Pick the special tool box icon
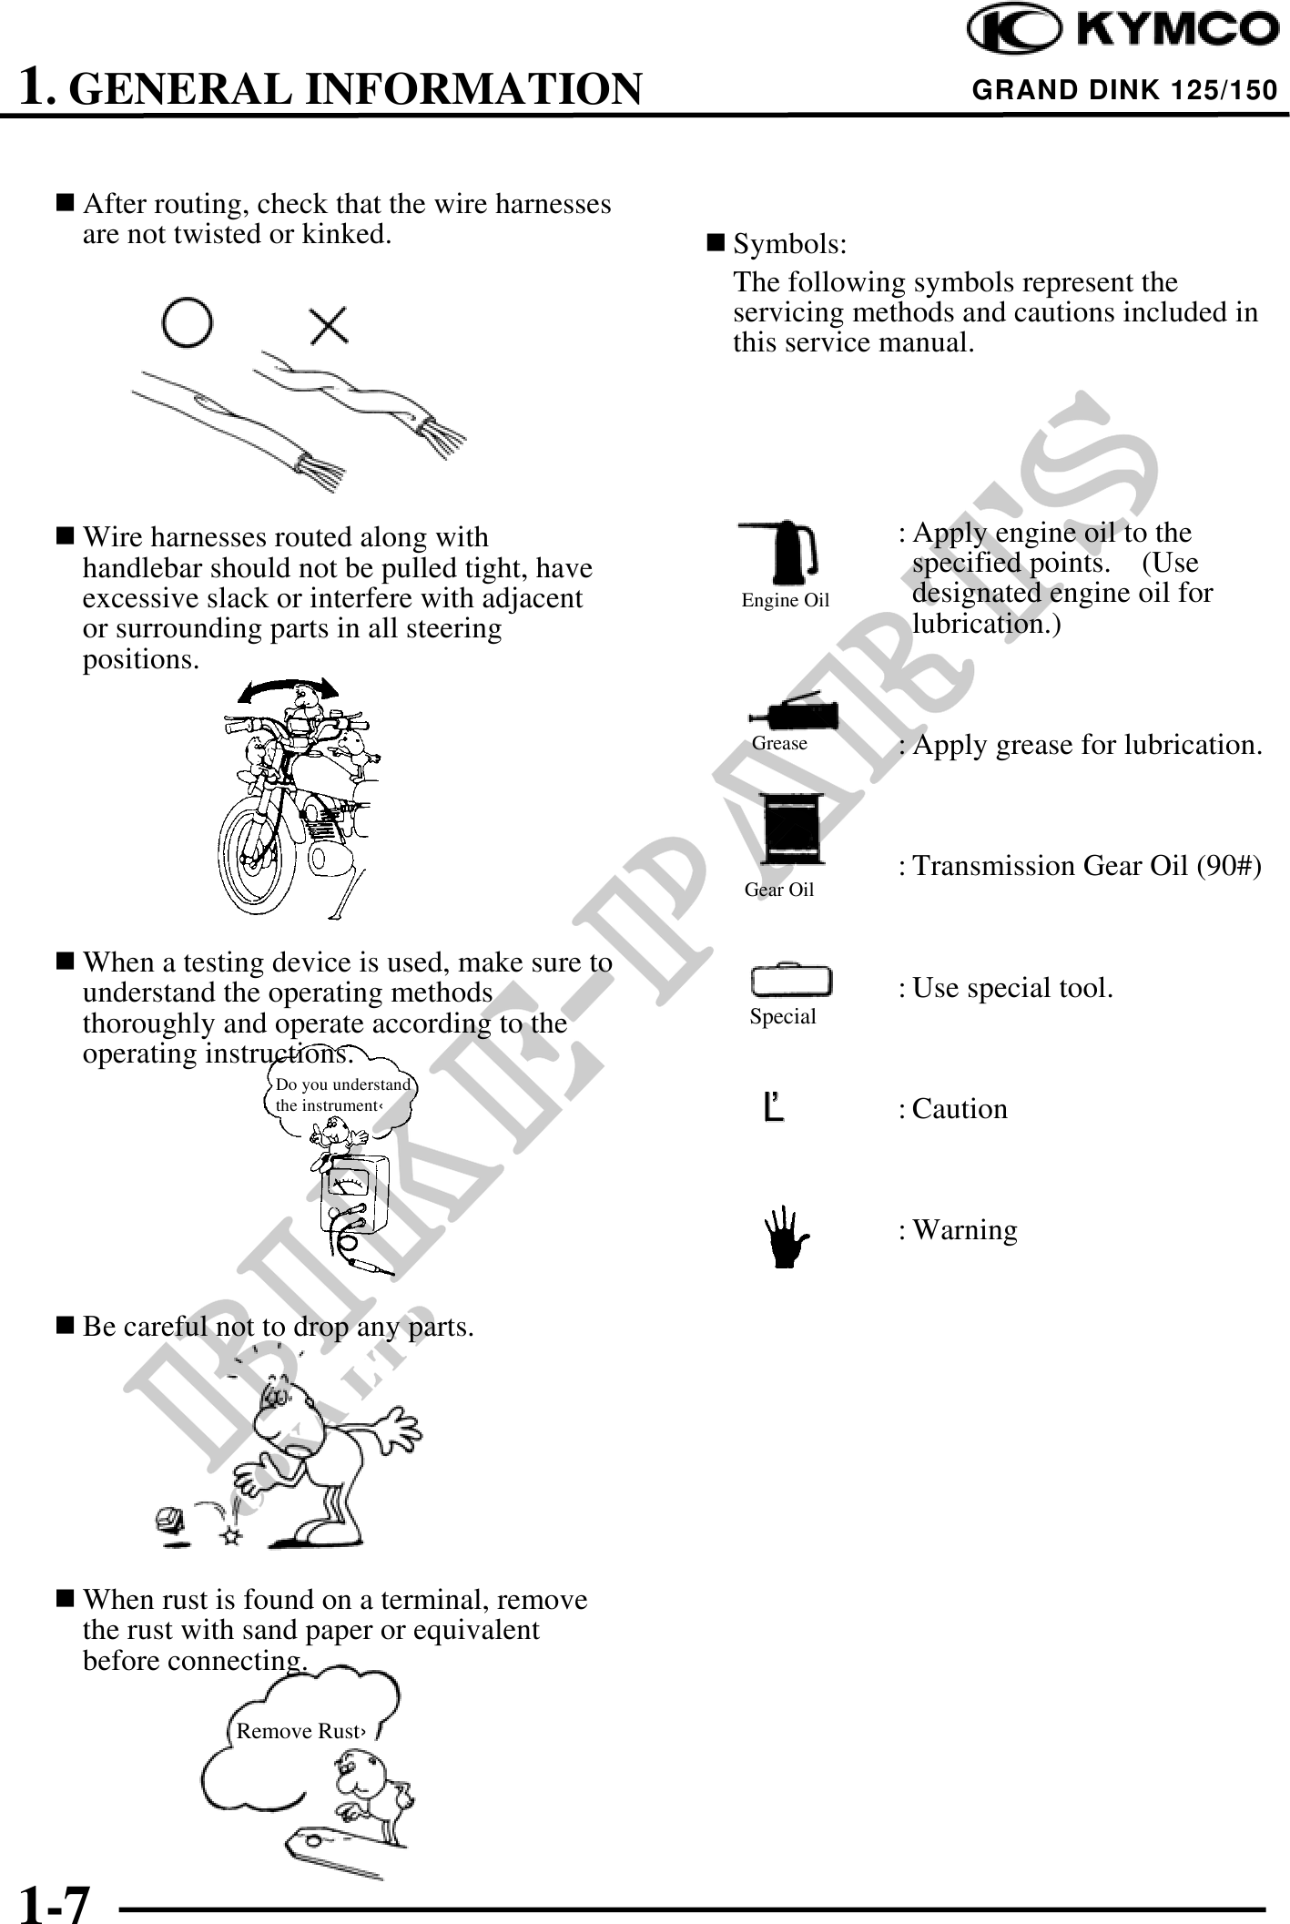click(x=791, y=981)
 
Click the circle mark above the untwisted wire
click(x=187, y=323)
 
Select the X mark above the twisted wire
click(x=328, y=325)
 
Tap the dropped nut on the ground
click(x=169, y=1518)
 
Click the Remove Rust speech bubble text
click(x=300, y=1731)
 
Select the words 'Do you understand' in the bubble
click(x=343, y=1084)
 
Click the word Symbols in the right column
click(x=790, y=244)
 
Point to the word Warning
click(x=965, y=1230)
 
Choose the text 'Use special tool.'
click(x=1012, y=988)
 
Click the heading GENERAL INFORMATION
click(x=356, y=89)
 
